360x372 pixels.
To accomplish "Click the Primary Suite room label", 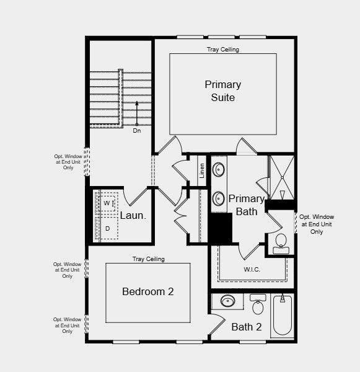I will [222, 91].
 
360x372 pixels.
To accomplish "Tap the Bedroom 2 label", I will [147, 291].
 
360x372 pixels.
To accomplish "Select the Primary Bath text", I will [247, 205].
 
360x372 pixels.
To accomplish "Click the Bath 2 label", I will [247, 327].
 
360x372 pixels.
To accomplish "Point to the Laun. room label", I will [133, 216].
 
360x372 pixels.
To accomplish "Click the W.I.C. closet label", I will [252, 270].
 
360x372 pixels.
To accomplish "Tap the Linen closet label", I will [202, 170].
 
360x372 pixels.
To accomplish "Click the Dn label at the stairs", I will [137, 131].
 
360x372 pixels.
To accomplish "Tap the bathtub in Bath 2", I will [283, 316].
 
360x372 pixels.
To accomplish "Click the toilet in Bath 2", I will [258, 304].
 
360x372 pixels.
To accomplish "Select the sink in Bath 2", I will [227, 301].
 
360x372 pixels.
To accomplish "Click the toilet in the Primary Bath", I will [281, 242].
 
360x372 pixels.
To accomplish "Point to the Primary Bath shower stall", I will [282, 177].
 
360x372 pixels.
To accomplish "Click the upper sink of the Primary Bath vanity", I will [219, 168].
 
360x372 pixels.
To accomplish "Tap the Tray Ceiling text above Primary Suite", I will [222, 50].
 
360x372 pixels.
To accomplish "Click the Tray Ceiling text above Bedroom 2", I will [148, 259].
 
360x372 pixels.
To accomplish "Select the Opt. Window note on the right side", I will [316, 224].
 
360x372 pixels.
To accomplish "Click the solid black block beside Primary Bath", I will [219, 228].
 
